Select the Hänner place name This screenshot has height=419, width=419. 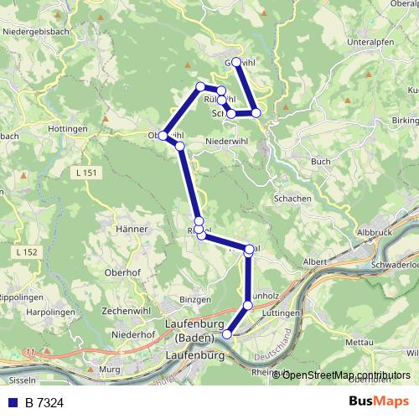(132, 228)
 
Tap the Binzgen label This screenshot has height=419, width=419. (196, 298)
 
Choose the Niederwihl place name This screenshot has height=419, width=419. (227, 142)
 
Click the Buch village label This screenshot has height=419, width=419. (320, 162)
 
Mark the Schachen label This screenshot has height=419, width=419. (292, 199)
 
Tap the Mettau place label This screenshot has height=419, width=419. (358, 342)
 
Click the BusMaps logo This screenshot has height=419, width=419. (380, 402)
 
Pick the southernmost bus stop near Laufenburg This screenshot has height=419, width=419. (226, 334)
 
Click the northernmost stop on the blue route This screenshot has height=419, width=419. (236, 62)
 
